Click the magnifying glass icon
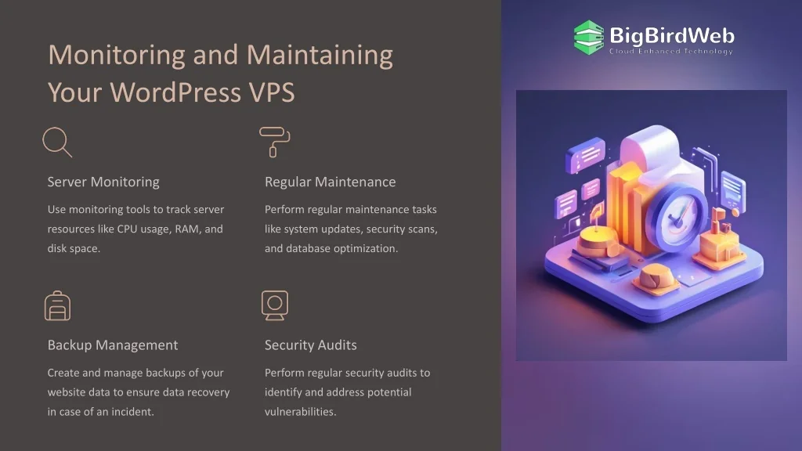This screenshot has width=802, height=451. pyautogui.click(x=57, y=143)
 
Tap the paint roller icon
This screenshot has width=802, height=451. pyautogui.click(x=275, y=143)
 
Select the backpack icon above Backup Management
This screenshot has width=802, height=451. pyautogui.click(x=57, y=306)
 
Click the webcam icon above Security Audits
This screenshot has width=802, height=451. pyautogui.click(x=275, y=306)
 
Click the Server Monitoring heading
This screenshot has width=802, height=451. pyautogui.click(x=103, y=182)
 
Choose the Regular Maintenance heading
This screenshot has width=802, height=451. pyautogui.click(x=330, y=182)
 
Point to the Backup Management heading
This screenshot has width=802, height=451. pyautogui.click(x=113, y=345)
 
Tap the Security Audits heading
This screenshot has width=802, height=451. pyautogui.click(x=310, y=345)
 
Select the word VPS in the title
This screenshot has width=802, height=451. pyautogui.click(x=272, y=92)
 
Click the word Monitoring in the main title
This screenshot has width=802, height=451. pyautogui.click(x=117, y=55)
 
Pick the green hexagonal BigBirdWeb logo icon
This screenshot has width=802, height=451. pyautogui.click(x=589, y=38)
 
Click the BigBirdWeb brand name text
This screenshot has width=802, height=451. pyautogui.click(x=672, y=36)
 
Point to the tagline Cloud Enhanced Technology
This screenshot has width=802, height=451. pyautogui.click(x=671, y=51)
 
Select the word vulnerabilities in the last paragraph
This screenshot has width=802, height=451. pyautogui.click(x=300, y=412)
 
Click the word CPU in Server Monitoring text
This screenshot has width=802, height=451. pyautogui.click(x=127, y=229)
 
